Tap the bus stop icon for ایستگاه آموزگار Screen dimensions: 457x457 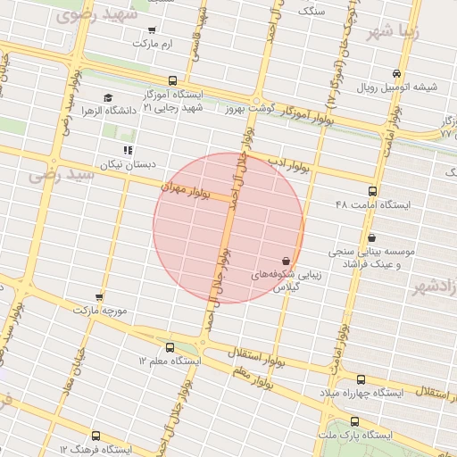[172, 80]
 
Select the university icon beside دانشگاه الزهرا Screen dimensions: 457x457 [108, 98]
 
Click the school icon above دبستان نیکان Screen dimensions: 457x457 [128, 150]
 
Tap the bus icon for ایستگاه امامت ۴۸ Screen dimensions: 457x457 [372, 191]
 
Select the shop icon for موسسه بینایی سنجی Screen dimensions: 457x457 [372, 237]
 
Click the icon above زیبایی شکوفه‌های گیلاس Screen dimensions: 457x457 [286, 260]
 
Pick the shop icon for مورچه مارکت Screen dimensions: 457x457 [99, 297]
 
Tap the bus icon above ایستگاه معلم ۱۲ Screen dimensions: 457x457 [170, 346]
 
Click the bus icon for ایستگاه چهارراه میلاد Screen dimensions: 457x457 [360, 379]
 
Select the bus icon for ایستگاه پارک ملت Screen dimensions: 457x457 [355, 421]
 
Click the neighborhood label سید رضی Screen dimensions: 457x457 [61, 172]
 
